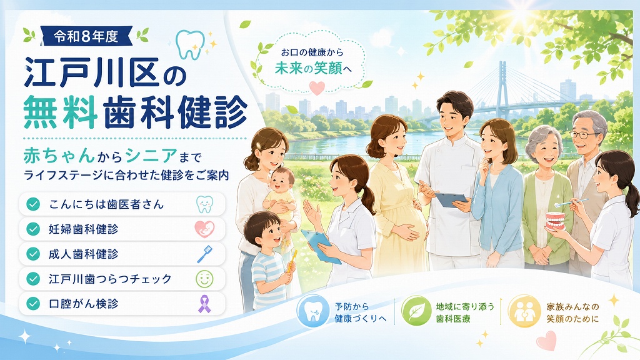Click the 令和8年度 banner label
pyautogui.click(x=86, y=36)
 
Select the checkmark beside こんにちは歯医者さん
pyautogui.click(x=33, y=204)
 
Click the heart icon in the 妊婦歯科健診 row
pyautogui.click(x=204, y=229)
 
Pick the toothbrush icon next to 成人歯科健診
pyautogui.click(x=204, y=254)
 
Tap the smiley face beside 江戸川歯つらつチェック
pyautogui.click(x=204, y=279)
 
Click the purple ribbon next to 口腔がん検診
pyautogui.click(x=204, y=304)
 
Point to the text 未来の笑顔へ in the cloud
pyautogui.click(x=313, y=68)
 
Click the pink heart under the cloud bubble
pyautogui.click(x=317, y=87)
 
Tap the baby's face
pyautogui.click(x=282, y=181)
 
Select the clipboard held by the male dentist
pyautogui.click(x=451, y=200)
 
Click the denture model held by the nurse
pyautogui.click(x=556, y=221)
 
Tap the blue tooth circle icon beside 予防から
pyautogui.click(x=312, y=311)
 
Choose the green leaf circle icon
pyautogui.click(x=416, y=311)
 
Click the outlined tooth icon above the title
pyautogui.click(x=190, y=44)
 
